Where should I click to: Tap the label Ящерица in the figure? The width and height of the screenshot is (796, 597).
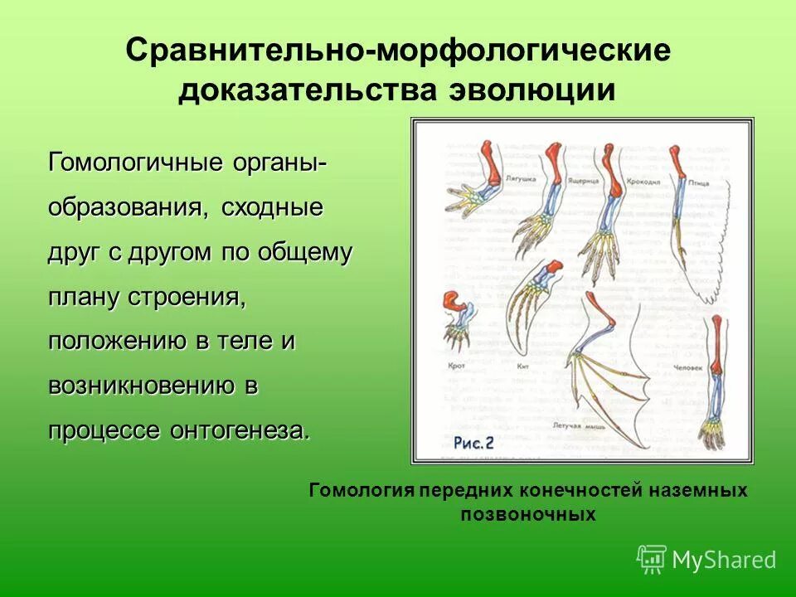coord(585,178)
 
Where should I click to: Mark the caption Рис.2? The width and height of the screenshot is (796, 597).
coord(474,444)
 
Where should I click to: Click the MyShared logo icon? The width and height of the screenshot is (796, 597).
coord(652,559)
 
